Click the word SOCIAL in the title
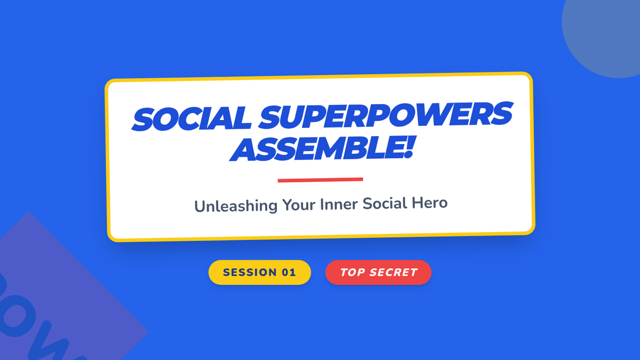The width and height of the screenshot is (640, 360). [x=191, y=118]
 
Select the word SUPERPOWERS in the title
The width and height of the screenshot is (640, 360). [x=386, y=114]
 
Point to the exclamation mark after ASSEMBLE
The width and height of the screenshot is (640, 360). [x=409, y=147]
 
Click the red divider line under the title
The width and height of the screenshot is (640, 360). [x=321, y=180]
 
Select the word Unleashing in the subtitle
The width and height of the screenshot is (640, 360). [x=236, y=206]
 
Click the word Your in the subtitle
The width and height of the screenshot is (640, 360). [x=299, y=205]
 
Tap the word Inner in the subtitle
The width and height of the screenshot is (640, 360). [x=339, y=204]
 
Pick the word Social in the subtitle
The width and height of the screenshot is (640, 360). [x=385, y=203]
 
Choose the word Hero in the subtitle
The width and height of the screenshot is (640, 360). [x=429, y=202]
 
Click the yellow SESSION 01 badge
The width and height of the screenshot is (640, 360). [x=260, y=273]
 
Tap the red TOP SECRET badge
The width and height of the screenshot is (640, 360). [x=378, y=273]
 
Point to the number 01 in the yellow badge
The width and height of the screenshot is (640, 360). [x=289, y=273]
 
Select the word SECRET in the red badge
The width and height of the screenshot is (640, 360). [x=394, y=273]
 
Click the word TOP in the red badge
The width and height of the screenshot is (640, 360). [x=352, y=273]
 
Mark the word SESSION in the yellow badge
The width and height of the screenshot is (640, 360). [x=249, y=273]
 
